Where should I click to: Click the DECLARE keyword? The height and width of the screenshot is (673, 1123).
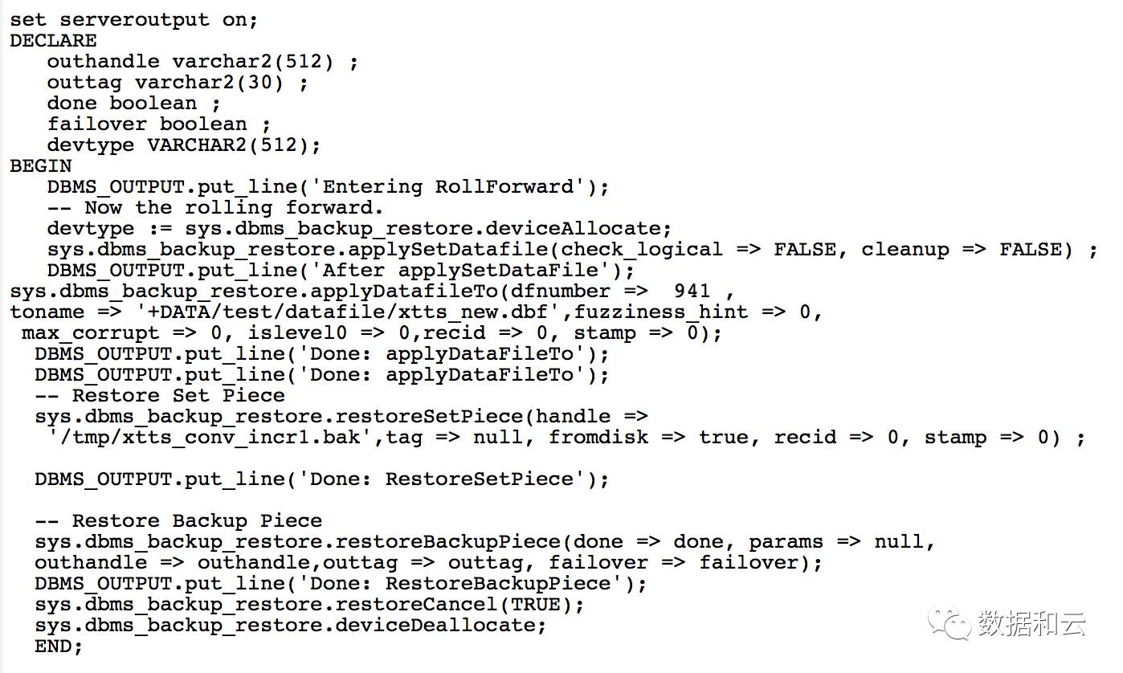(53, 41)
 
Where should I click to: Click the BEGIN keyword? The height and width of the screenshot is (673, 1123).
(40, 166)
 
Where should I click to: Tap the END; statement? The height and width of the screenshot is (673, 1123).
(59, 646)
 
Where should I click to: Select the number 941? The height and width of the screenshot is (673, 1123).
(692, 291)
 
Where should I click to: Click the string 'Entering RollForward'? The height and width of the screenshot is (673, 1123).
(455, 187)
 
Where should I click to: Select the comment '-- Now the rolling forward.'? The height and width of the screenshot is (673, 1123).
(215, 208)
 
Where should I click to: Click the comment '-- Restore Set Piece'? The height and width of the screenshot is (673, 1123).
(160, 396)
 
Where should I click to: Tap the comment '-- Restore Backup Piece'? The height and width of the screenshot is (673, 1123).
(178, 521)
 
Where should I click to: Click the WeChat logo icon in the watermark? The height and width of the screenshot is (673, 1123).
(949, 623)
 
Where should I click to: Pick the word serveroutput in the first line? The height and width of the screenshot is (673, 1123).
(134, 20)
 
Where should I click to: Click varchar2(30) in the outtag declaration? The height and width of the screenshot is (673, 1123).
(209, 83)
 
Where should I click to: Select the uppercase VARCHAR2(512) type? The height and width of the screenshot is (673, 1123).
(233, 145)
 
